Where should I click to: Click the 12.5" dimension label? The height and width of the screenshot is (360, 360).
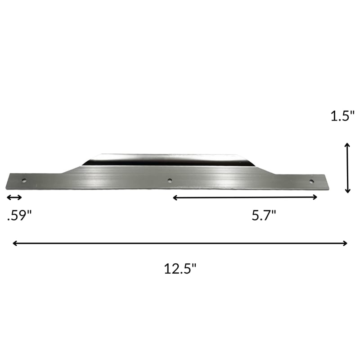click(x=180, y=269)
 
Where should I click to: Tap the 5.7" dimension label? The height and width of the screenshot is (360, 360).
click(x=264, y=216)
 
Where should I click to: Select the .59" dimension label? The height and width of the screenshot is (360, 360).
click(x=19, y=216)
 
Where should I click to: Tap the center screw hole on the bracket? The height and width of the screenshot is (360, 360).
click(x=170, y=180)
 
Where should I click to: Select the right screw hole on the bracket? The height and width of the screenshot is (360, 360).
click(x=311, y=181)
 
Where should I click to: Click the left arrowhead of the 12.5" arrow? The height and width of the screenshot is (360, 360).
click(x=14, y=243)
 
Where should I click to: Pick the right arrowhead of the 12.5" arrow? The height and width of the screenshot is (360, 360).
click(x=346, y=243)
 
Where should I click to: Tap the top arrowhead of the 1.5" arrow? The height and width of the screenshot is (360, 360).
click(x=347, y=145)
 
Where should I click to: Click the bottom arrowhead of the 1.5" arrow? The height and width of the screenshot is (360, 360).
click(x=347, y=191)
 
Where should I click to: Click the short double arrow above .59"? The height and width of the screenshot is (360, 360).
click(x=14, y=197)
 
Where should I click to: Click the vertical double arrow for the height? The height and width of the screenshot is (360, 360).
click(x=347, y=168)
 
